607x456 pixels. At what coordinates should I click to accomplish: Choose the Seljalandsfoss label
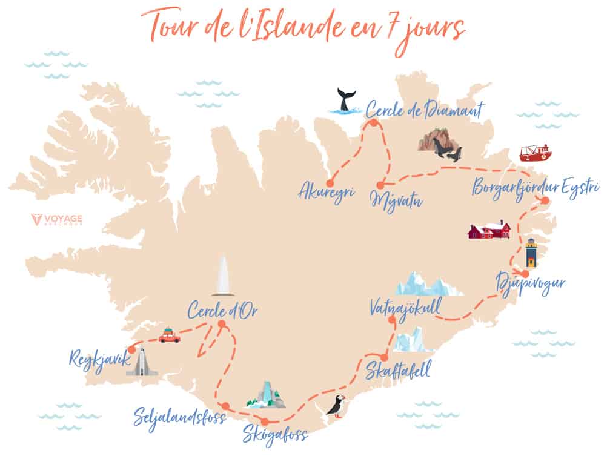point(180,417)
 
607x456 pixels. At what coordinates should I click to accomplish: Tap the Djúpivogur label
point(531,284)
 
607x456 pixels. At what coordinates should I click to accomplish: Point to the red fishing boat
point(536,153)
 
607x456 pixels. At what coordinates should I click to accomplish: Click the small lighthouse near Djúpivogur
point(531,253)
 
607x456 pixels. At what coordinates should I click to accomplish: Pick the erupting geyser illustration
point(224,276)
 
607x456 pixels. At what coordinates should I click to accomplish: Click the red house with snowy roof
point(490,230)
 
